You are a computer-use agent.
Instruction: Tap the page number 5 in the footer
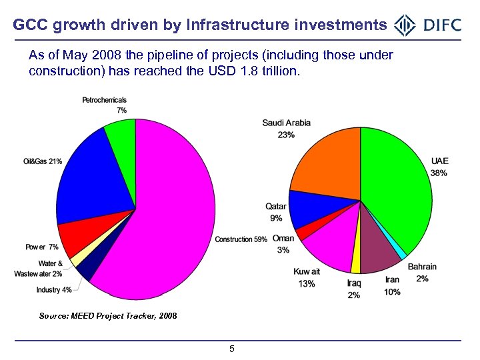coord(231,349)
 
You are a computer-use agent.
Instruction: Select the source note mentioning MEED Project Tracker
coord(108,315)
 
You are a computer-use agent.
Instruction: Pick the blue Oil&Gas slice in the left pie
coord(87,180)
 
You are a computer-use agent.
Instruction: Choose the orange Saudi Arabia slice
coord(327,163)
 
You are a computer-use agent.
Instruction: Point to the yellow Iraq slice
coord(355,264)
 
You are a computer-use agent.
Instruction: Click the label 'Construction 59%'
coord(241,239)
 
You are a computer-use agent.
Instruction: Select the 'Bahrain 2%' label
coord(422,273)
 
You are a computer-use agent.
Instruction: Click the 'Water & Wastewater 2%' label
coord(39,269)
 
